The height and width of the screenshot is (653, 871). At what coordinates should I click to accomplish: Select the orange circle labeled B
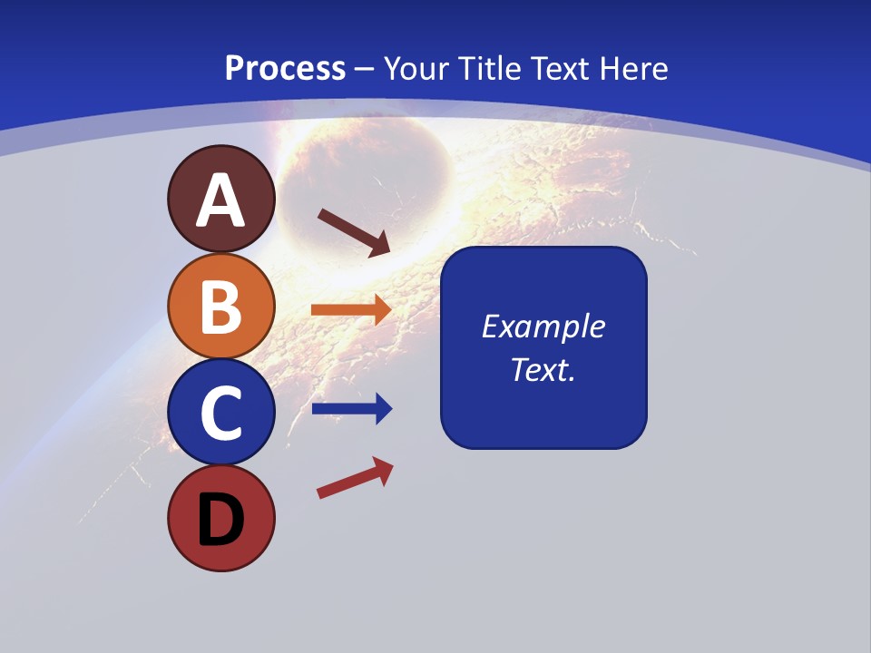pos(220,306)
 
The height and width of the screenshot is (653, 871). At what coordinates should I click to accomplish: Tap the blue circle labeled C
pos(220,412)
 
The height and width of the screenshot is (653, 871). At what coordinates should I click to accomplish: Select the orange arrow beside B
pos(352,310)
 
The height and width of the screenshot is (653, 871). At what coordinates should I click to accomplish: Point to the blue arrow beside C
pos(352,409)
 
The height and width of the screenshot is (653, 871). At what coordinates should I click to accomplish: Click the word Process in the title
pos(285,68)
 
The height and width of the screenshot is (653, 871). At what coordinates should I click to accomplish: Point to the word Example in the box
pos(543,326)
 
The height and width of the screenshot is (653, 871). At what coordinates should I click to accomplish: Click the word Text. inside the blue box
pos(543,369)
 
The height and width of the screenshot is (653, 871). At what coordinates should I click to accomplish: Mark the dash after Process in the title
pos(364,69)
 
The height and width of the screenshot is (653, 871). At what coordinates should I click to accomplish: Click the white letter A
pos(220,200)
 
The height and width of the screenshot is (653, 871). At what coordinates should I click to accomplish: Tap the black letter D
pos(220,521)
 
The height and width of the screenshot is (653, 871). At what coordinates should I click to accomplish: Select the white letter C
pos(220,414)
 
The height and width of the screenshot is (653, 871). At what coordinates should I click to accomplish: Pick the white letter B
pos(220,307)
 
